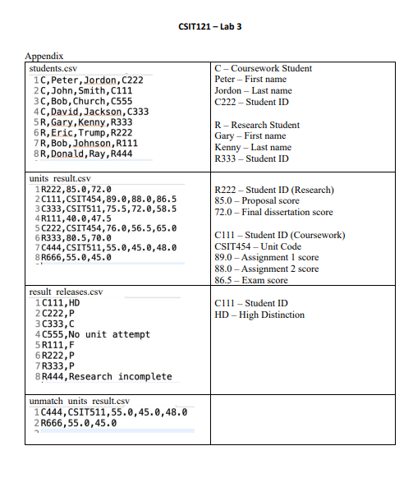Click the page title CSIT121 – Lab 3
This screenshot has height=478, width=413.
[x=209, y=26]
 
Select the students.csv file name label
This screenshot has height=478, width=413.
[x=53, y=67]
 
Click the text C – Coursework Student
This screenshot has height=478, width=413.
[x=263, y=68]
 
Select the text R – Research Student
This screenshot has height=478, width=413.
[x=256, y=126]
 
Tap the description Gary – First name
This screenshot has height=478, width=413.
[x=250, y=136]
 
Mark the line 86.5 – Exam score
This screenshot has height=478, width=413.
[x=250, y=280]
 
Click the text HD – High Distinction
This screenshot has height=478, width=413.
[x=259, y=315]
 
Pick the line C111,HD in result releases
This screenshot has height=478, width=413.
[x=59, y=303]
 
